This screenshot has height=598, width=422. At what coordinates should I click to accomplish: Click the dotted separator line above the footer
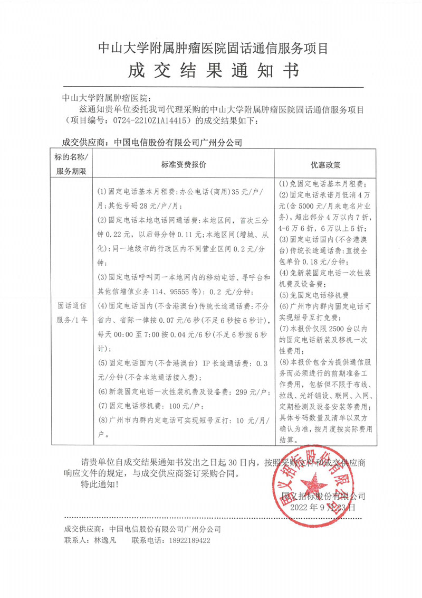tap(211, 518)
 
